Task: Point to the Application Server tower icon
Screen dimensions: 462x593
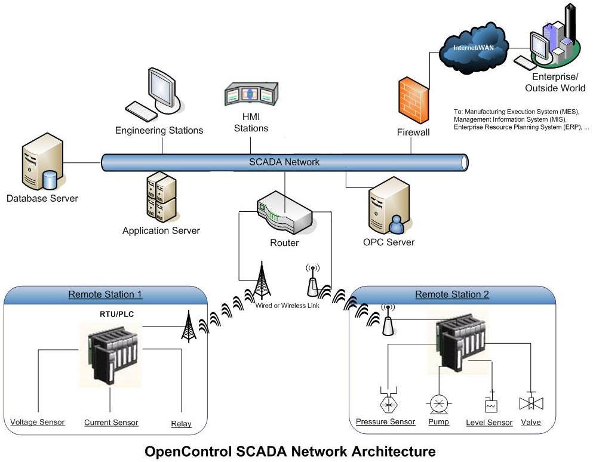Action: [161, 198]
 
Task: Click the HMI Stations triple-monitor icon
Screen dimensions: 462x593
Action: [251, 96]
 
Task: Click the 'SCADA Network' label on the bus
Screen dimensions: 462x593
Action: [284, 162]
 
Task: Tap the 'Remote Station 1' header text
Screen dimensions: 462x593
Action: [105, 294]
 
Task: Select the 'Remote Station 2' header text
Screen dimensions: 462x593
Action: [452, 294]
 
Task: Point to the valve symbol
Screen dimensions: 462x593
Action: [530, 403]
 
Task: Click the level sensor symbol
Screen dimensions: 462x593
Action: [491, 404]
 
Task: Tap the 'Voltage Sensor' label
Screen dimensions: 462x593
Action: [38, 423]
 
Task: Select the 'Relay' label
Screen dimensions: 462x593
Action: [182, 424]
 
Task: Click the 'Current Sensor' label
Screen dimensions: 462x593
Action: [111, 423]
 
